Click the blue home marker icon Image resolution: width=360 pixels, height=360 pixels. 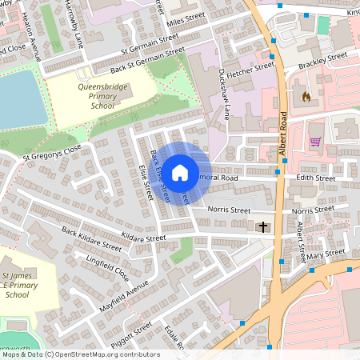click(x=180, y=172)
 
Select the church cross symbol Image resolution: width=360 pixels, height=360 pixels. click(x=263, y=227)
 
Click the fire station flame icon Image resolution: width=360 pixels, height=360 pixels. click(x=305, y=97)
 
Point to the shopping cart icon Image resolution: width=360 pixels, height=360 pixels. click(x=315, y=142)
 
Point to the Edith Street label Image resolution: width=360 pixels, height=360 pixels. click(x=315, y=178)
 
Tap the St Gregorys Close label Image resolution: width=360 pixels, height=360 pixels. click(x=53, y=151)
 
